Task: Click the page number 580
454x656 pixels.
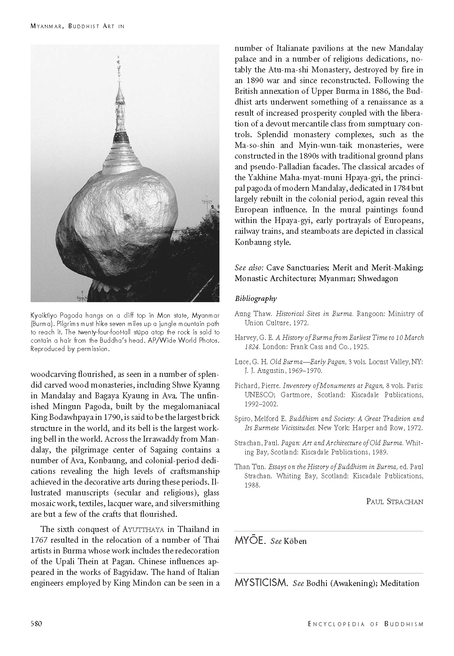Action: pos(37,623)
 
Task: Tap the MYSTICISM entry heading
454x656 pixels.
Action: pos(261,583)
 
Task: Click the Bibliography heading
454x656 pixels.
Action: pos(256,299)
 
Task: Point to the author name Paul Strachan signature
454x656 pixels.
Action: pos(394,501)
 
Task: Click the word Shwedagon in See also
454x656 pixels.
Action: pos(378,278)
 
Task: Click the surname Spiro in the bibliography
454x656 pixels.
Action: pos(243,419)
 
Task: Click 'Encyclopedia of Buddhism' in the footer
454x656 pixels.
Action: pos(365,624)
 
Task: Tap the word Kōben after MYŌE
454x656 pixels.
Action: pos(295,541)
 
